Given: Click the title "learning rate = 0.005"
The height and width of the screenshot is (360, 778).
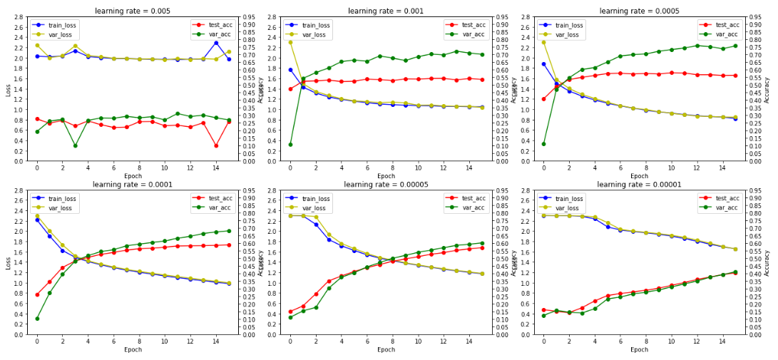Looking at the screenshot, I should point(133,11).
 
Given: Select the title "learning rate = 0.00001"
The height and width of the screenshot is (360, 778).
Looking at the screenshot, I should point(640,184).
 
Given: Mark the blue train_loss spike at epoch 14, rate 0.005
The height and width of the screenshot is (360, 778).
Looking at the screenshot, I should point(216,43).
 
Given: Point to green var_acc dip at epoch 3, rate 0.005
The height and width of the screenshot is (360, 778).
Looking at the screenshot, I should point(75,145).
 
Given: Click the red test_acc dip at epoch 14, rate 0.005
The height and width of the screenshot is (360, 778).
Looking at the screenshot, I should point(216,145).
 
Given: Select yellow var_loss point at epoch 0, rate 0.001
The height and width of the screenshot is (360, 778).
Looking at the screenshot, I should point(290,42).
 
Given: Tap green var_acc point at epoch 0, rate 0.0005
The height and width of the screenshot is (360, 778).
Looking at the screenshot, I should point(543,144).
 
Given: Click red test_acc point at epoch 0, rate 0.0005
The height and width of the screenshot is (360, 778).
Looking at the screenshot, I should point(543,99).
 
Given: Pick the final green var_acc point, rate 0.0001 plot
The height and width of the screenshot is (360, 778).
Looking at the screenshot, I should point(228,231).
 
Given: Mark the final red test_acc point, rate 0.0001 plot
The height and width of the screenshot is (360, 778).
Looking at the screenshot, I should point(228,245).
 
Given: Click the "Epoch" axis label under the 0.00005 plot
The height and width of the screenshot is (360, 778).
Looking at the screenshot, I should point(386,350).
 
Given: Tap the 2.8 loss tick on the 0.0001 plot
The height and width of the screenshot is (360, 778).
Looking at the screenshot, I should point(19,191).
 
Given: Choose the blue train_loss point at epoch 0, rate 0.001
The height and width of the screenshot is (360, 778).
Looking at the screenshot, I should point(290,70).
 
